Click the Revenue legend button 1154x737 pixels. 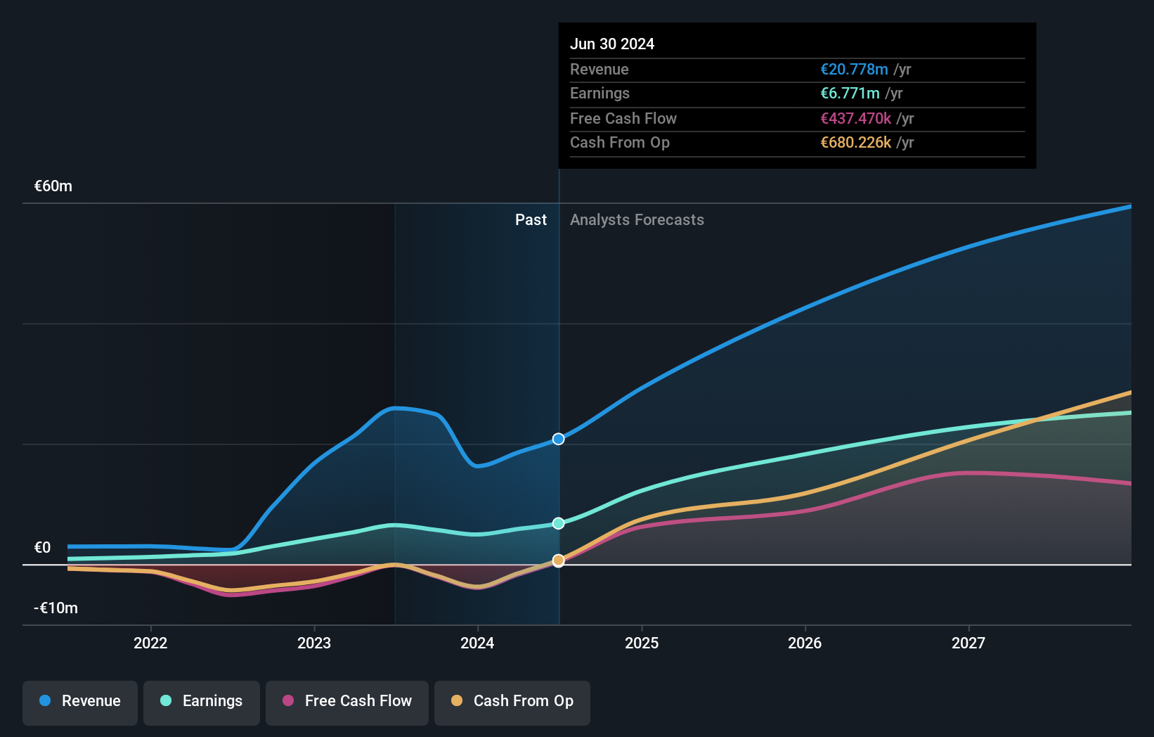tap(80, 702)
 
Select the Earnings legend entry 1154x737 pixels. tap(202, 702)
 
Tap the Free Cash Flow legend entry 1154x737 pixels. tap(347, 702)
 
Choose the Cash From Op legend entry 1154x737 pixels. tap(512, 702)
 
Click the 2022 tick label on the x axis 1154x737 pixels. tap(150, 643)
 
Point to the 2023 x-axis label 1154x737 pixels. tap(314, 643)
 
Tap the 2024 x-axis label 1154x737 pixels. tap(477, 643)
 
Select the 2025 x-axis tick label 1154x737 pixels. tap(642, 643)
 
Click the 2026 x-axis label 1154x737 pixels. tap(805, 643)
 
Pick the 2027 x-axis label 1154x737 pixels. tap(968, 643)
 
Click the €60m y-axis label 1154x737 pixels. tap(53, 186)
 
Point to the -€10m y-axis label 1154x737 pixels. tap(56, 608)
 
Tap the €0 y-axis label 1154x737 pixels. tap(42, 548)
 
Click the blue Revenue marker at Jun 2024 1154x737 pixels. tap(559, 439)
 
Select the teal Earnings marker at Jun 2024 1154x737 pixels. tap(559, 523)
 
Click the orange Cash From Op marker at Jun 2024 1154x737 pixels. tap(559, 560)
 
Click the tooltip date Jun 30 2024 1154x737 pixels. tap(612, 44)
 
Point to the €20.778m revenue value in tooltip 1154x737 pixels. tap(854, 70)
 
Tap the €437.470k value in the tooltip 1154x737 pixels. tap(855, 119)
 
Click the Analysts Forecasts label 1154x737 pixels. tap(637, 220)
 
